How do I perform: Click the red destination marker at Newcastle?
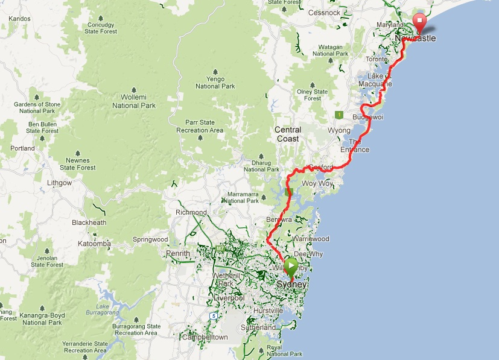(418, 23)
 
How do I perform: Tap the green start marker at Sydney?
(290, 266)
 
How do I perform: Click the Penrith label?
(178, 253)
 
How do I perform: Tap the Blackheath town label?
(89, 223)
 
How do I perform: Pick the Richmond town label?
(191, 212)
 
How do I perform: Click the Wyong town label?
(338, 130)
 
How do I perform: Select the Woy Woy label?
(317, 183)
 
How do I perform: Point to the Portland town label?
(22, 148)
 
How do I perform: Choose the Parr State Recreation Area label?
(200, 127)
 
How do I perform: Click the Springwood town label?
(151, 239)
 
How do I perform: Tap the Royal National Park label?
(282, 350)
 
